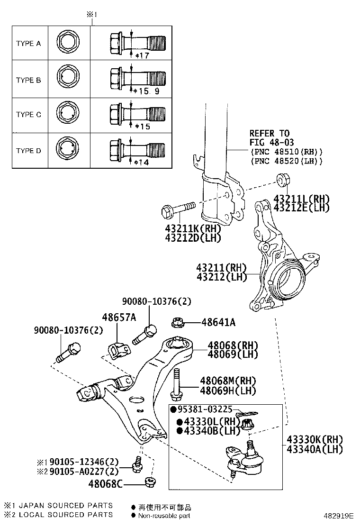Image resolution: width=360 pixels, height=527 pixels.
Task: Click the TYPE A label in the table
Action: click(x=28, y=43)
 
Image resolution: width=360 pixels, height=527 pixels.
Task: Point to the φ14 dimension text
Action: click(x=142, y=162)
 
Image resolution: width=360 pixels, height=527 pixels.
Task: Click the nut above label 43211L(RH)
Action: click(x=283, y=180)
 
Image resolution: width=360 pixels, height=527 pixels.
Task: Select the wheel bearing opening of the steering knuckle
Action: click(x=286, y=279)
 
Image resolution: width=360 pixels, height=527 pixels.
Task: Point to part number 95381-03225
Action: click(x=204, y=409)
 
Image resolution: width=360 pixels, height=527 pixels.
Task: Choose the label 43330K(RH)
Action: click(x=314, y=440)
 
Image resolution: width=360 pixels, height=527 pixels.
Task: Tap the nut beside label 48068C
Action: click(x=151, y=483)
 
